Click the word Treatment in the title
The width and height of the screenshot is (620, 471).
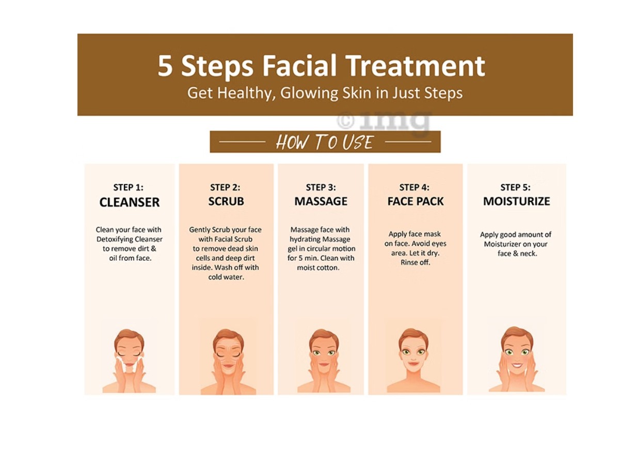pyautogui.click(x=415, y=66)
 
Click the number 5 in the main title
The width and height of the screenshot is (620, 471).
pyautogui.click(x=165, y=67)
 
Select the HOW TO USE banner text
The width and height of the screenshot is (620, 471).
pyautogui.click(x=325, y=142)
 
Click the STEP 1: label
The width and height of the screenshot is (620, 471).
pyautogui.click(x=129, y=187)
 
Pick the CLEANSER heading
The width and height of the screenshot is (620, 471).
pyautogui.click(x=129, y=202)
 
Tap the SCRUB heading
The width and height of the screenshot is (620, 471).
pyautogui.click(x=226, y=201)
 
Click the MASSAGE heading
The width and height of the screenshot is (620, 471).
pyautogui.click(x=321, y=201)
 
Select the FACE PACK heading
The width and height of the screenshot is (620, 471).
pyautogui.click(x=415, y=201)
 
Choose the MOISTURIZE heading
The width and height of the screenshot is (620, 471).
pyautogui.click(x=516, y=201)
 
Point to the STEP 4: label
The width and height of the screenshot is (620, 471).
pyautogui.click(x=414, y=187)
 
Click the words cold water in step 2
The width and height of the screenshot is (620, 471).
pyautogui.click(x=226, y=277)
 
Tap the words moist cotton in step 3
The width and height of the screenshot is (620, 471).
pyautogui.click(x=318, y=268)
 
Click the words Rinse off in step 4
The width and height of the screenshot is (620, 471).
pyautogui.click(x=415, y=262)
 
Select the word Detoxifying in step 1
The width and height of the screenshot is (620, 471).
pyautogui.click(x=130, y=239)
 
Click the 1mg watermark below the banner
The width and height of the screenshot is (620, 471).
pyautogui.click(x=385, y=121)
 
